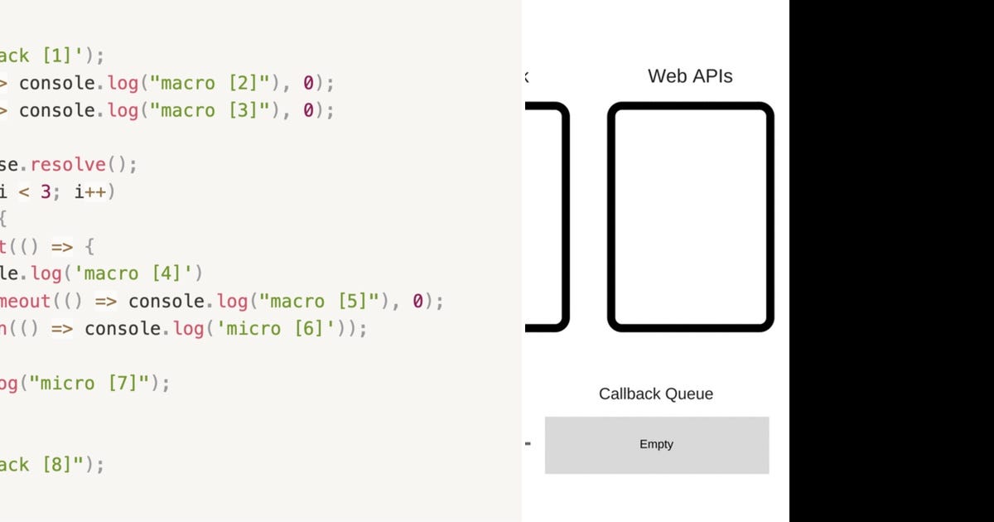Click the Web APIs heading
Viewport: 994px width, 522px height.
tap(690, 76)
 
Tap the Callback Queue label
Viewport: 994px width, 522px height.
tap(655, 394)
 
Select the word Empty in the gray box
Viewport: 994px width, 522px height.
tap(656, 444)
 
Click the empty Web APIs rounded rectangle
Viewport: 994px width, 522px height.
tap(690, 217)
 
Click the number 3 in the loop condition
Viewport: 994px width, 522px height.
tap(46, 192)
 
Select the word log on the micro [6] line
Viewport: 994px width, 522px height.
tap(188, 328)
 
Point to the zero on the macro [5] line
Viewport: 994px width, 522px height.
tap(417, 301)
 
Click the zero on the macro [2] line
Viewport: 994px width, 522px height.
tap(308, 83)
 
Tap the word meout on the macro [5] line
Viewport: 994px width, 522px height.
tap(25, 301)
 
